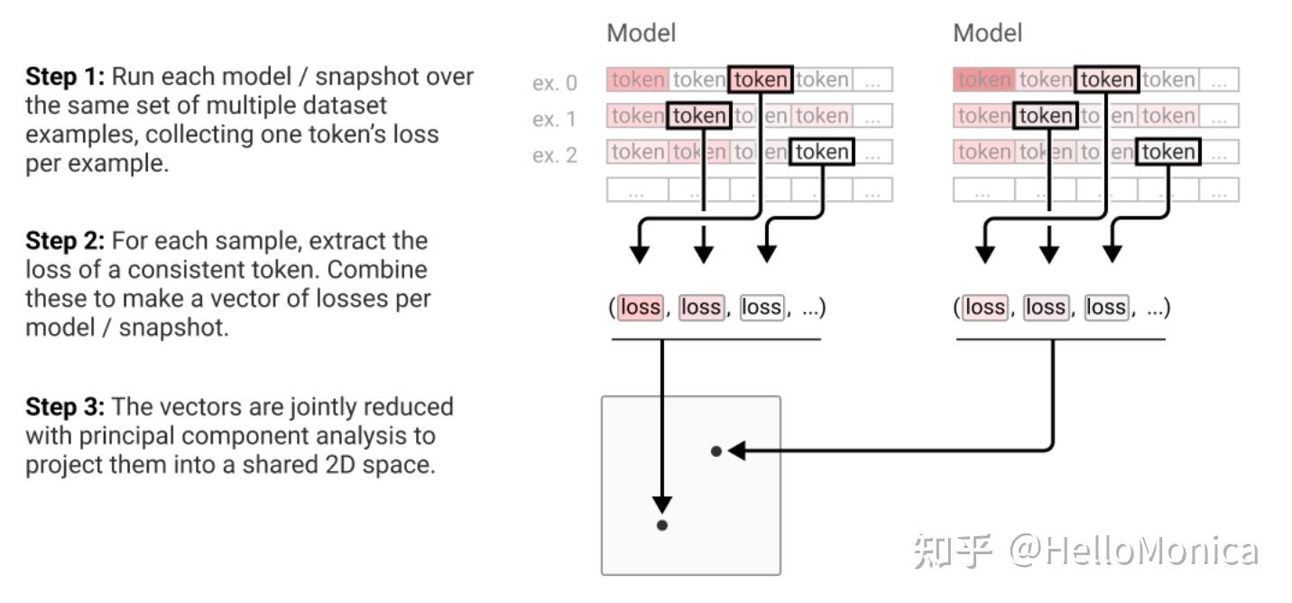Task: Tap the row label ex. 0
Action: (554, 84)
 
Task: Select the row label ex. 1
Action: (554, 119)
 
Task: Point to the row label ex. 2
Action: (554, 155)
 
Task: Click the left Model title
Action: (641, 33)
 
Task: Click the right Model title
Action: (987, 33)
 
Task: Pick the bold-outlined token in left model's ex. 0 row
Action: (761, 79)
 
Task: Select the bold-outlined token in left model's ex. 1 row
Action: (698, 116)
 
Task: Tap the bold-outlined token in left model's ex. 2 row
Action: (821, 152)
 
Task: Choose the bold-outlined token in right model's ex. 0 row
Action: (1107, 79)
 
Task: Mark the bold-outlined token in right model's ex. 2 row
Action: (1167, 152)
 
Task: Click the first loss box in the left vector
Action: (641, 308)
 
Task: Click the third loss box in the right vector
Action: (1106, 308)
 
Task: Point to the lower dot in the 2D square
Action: (662, 525)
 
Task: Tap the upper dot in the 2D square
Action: (716, 450)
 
